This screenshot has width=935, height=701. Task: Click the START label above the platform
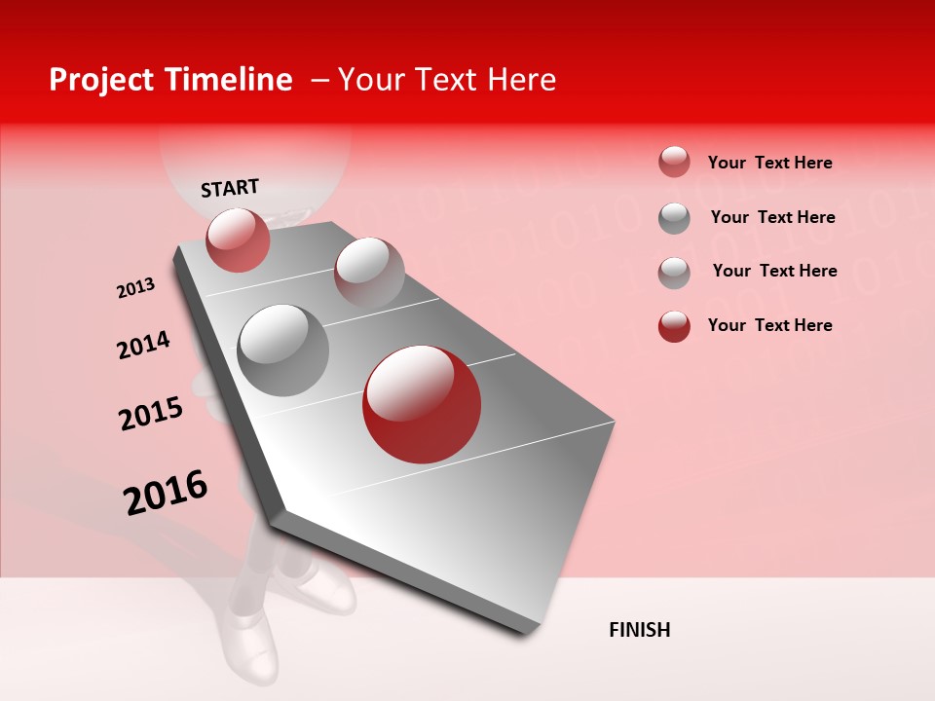pos(230,188)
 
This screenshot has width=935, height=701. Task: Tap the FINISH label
pos(639,630)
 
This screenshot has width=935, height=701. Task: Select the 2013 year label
pos(135,288)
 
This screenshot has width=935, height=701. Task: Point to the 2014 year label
pos(143,345)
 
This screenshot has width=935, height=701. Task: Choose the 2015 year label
pos(151,414)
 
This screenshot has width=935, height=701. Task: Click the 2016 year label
pos(166,493)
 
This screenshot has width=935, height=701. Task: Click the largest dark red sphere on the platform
pos(422,404)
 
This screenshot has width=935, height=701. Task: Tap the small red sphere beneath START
pos(238,240)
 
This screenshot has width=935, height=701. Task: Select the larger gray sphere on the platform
pos(283,350)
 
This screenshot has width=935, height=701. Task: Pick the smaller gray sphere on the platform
pos(369,273)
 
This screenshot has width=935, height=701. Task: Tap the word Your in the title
pos(370,80)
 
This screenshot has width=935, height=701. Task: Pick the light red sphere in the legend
pos(674,162)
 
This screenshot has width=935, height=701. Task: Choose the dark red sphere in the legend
pos(674,326)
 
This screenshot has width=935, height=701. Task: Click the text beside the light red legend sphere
pos(769,163)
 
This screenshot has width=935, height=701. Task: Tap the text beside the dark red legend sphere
pos(769,325)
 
